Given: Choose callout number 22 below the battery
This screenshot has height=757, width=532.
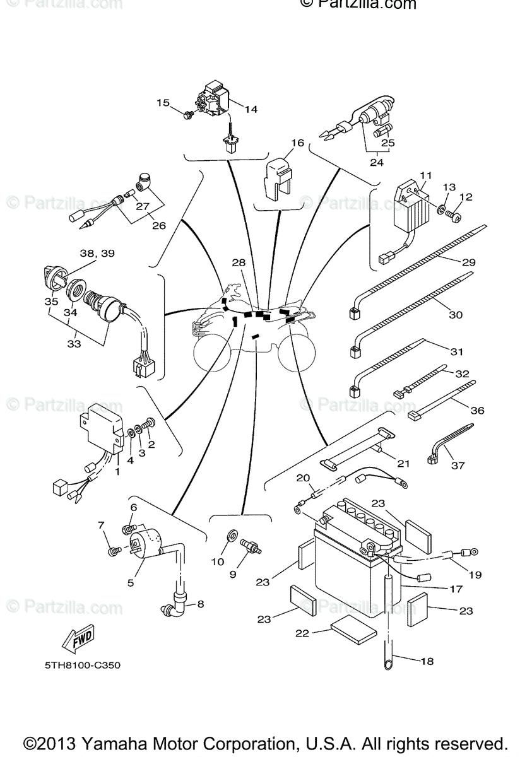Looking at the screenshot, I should (303, 633).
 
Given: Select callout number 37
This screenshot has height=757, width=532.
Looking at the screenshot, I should (475, 466).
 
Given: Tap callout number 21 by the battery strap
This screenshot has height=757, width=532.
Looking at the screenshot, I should (403, 464).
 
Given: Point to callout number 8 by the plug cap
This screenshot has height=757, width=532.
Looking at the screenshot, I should (201, 604).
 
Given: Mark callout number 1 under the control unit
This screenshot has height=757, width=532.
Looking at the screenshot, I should (117, 471).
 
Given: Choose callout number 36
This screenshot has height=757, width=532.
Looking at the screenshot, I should (477, 410).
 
